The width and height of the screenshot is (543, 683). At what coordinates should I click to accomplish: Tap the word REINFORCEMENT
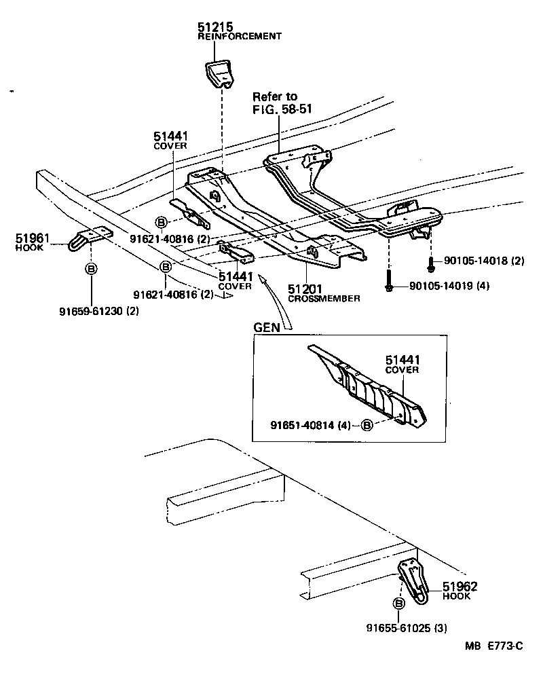(239, 36)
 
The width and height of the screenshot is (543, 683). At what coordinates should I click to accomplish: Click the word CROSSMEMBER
(324, 299)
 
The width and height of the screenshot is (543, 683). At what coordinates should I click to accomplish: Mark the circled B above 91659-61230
(90, 269)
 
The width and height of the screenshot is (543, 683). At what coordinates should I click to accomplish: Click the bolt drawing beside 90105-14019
(388, 282)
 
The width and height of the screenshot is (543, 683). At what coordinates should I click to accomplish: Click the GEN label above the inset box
(266, 327)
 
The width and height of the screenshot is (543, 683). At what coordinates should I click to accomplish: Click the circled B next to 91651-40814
(366, 426)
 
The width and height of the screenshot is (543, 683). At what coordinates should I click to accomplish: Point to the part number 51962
(460, 587)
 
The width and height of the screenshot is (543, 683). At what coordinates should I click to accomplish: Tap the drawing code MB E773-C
(493, 646)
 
